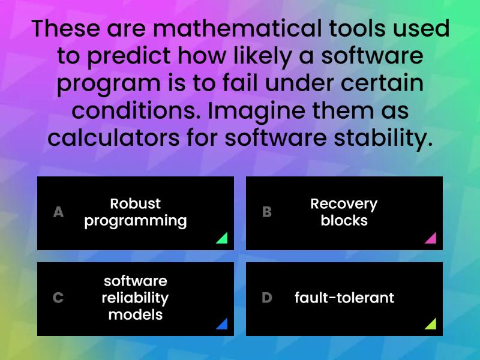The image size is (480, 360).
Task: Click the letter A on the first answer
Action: (x=58, y=212)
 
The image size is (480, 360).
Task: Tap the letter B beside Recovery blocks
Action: (x=267, y=212)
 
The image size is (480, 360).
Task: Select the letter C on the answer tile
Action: (x=58, y=298)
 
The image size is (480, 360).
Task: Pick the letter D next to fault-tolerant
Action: (x=267, y=298)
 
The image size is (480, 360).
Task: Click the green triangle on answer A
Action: (x=223, y=239)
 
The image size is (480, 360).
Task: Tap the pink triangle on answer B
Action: (x=431, y=239)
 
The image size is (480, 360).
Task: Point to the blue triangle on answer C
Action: (x=223, y=325)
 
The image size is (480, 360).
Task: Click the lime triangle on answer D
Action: (x=431, y=325)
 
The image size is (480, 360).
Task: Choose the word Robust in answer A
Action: (x=136, y=203)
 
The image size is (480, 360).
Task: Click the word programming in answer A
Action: (x=136, y=221)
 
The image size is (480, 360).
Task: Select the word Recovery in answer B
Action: (x=344, y=204)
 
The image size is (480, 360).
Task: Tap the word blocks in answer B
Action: (x=344, y=220)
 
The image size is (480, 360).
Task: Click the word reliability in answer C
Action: (x=136, y=298)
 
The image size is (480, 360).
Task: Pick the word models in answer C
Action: (x=136, y=314)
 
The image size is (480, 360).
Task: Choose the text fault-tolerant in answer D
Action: (x=344, y=298)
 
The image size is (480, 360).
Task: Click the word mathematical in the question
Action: (x=238, y=28)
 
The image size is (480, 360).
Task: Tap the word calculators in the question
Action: (x=113, y=138)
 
